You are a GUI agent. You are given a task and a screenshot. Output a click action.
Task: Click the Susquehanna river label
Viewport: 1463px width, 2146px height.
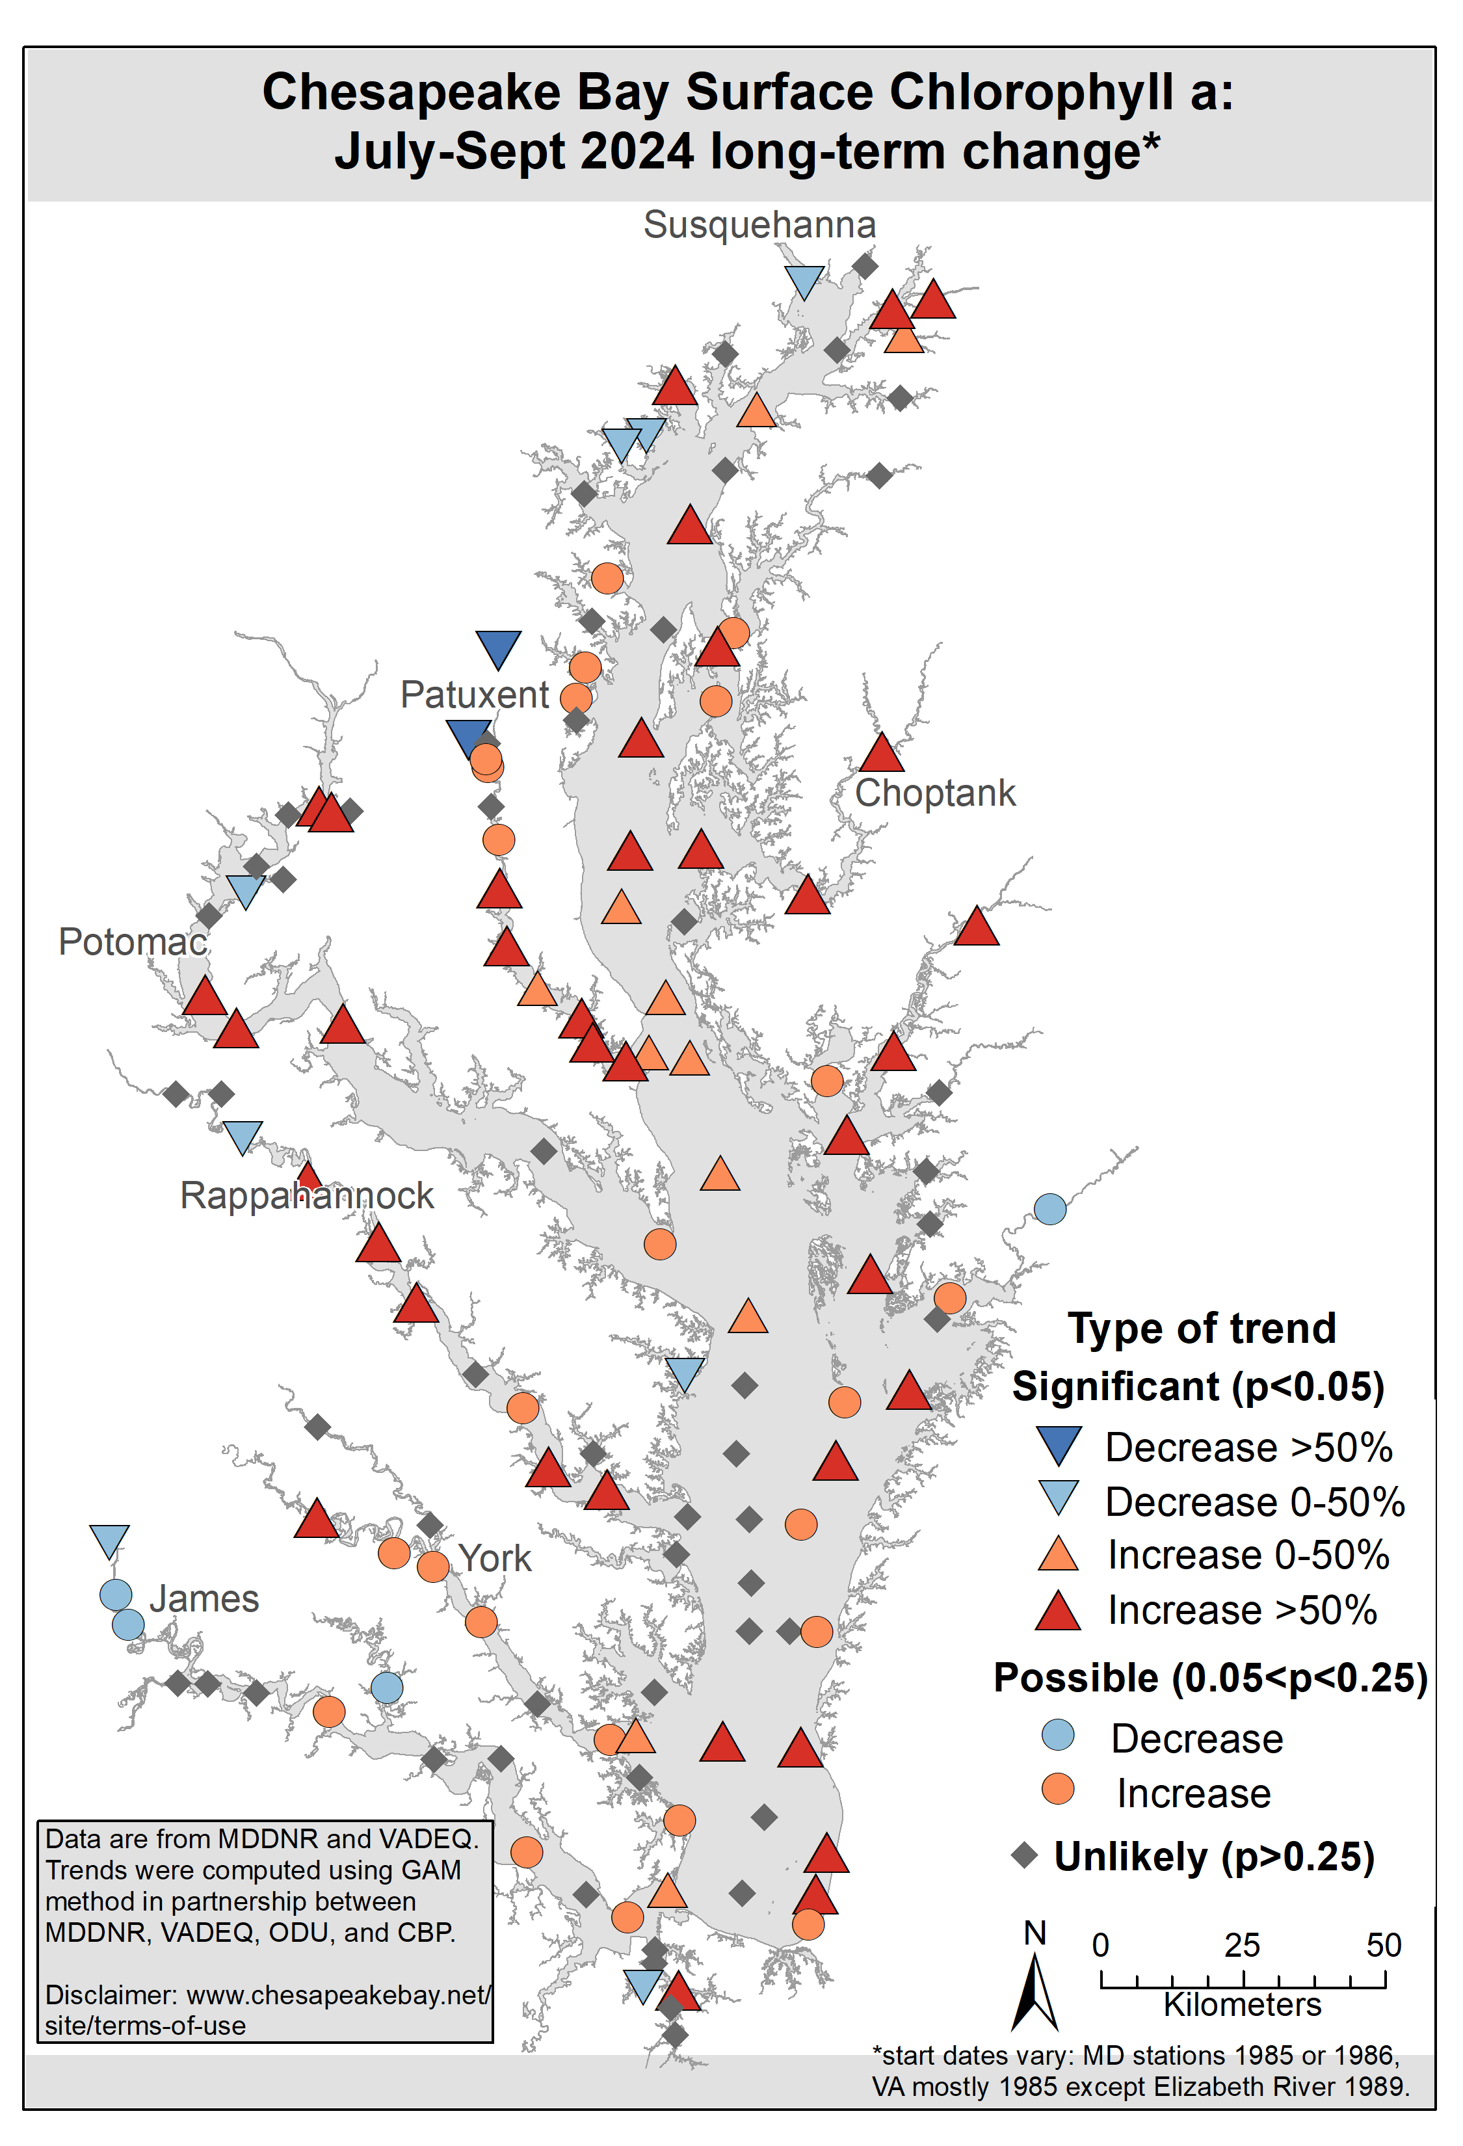759,225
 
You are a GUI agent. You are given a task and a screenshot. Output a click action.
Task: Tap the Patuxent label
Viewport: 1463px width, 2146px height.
475,695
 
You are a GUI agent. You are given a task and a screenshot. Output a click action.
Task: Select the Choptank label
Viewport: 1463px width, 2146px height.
934,793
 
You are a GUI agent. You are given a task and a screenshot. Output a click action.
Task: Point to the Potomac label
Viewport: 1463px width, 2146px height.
132,942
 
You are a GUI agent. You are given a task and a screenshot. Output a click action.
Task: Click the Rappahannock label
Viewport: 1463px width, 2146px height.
306,1196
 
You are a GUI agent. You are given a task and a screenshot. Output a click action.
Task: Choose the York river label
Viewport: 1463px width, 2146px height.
495,1559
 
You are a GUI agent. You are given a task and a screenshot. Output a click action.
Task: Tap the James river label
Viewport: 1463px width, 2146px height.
204,1598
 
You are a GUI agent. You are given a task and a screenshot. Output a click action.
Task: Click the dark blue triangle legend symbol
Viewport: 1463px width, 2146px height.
1058,1445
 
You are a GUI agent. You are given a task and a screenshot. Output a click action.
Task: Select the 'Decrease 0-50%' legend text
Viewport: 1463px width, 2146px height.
1254,1502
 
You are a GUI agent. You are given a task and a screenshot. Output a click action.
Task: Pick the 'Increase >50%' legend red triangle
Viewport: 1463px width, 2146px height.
1058,1611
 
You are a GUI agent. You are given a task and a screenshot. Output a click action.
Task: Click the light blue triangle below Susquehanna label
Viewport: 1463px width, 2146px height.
804,280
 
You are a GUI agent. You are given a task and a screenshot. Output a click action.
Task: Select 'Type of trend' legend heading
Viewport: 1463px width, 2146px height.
1202,1329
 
